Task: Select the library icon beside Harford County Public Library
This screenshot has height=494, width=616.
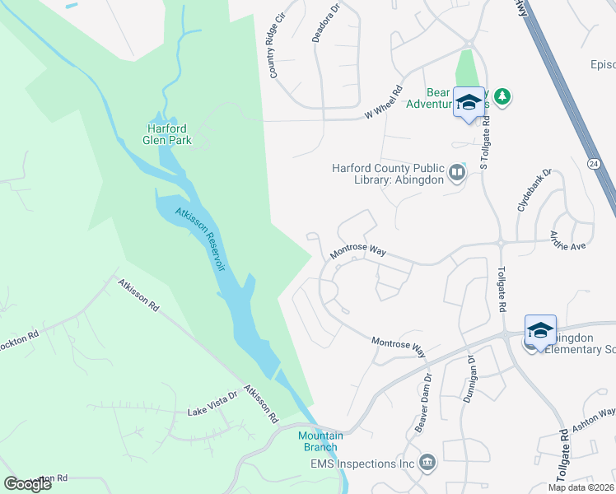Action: coord(457,172)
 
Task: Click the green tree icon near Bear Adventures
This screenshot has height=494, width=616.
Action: coord(502,97)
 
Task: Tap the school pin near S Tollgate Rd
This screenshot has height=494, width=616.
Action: coord(469,103)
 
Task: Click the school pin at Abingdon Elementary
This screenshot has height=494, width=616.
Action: coord(540,331)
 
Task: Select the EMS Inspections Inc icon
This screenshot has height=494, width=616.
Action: coord(427,462)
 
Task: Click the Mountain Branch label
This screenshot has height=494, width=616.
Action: coord(320,440)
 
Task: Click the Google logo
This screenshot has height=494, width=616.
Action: coord(28,483)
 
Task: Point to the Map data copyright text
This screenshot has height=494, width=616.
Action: coord(580,487)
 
